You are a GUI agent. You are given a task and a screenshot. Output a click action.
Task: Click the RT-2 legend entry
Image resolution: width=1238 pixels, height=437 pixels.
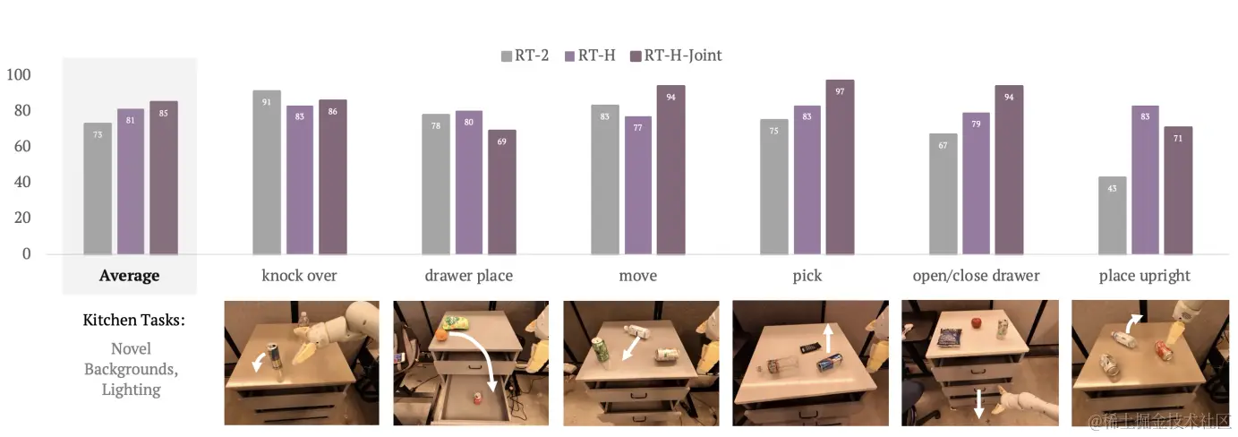tap(525, 56)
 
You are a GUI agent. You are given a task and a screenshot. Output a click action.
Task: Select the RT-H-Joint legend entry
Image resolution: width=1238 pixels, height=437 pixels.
tap(676, 56)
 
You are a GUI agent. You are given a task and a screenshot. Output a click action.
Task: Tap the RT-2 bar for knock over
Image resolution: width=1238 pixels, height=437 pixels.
tap(267, 172)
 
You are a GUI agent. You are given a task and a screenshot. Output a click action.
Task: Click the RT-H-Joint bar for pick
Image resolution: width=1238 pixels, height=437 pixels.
tap(840, 167)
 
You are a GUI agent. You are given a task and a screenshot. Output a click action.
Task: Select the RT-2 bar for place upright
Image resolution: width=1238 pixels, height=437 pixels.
tap(1112, 215)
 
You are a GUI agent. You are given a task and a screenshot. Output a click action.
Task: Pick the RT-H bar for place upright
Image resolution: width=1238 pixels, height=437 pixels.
tap(1145, 180)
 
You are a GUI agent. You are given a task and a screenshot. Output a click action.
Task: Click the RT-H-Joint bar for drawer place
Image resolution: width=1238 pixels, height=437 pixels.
tap(502, 192)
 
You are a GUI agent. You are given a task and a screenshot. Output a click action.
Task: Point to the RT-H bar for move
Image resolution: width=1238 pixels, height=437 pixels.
tap(637, 185)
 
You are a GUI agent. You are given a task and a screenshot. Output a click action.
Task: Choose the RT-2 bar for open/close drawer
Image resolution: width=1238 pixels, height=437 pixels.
tap(943, 193)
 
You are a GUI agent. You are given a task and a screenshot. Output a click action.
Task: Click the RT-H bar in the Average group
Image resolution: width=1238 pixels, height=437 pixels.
tap(131, 182)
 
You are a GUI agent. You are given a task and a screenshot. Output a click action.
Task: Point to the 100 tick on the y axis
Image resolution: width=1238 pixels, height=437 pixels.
tap(19, 74)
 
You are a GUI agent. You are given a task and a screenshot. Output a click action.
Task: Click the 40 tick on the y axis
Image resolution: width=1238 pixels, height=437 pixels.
tap(22, 182)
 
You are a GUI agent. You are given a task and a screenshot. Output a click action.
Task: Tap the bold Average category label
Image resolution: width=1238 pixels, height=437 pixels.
tap(129, 276)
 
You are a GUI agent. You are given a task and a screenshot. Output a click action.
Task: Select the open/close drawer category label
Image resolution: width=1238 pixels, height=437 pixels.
tap(976, 276)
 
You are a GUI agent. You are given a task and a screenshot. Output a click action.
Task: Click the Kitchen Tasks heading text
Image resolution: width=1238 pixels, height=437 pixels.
tap(133, 320)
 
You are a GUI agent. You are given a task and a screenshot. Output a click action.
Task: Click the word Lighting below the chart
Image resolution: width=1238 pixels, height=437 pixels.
tap(131, 390)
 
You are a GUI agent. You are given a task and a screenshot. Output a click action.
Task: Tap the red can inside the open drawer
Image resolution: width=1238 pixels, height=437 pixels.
tap(477, 398)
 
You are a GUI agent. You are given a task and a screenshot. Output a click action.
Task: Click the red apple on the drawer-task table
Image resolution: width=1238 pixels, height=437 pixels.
tap(978, 322)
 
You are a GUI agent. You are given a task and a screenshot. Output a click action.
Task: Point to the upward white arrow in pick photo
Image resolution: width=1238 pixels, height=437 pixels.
tap(828, 338)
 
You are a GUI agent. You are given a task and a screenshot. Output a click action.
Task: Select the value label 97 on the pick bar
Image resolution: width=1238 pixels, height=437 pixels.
tap(840, 91)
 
